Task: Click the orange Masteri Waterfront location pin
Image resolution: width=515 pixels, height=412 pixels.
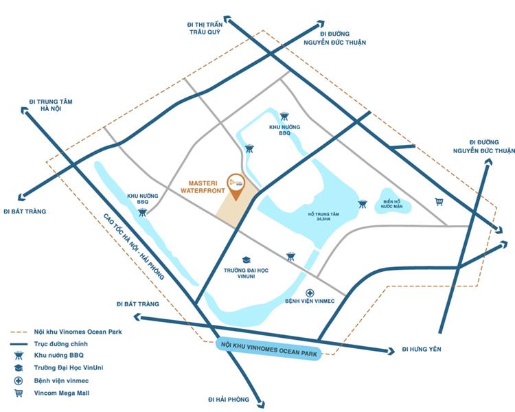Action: coord(237,185)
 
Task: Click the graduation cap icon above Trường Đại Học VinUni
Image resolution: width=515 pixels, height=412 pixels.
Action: coord(246,260)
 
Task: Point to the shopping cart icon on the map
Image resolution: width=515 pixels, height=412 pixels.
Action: coord(439,202)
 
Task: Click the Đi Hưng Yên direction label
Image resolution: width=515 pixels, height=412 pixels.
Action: coord(422,349)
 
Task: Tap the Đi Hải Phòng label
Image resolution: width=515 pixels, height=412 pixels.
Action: coord(229,399)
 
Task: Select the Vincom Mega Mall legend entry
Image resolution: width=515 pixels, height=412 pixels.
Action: coord(61,393)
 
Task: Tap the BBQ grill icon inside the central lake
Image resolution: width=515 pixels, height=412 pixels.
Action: coord(362,203)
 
